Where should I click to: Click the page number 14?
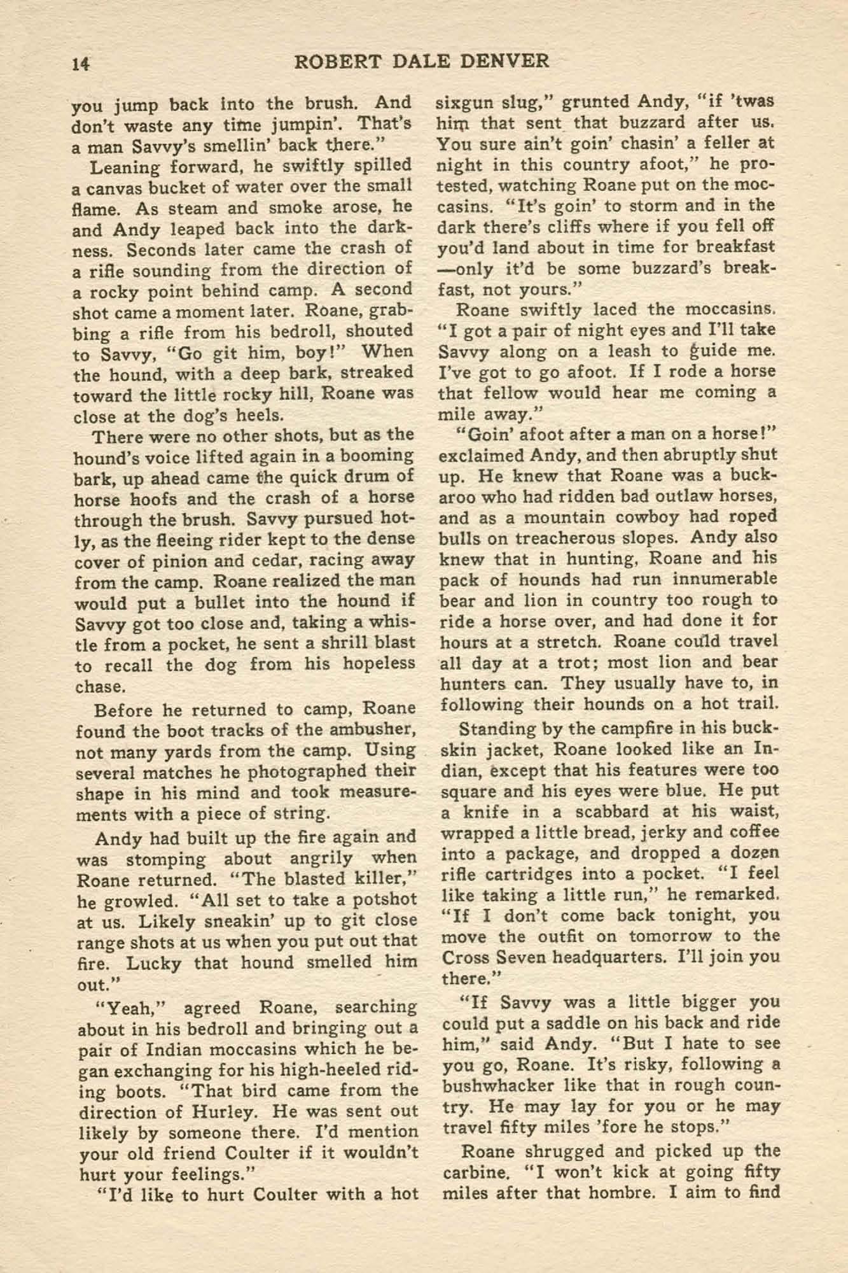[x=81, y=62]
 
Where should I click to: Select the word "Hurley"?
[x=223, y=1112]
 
